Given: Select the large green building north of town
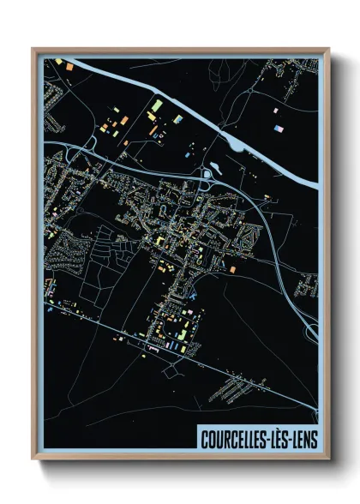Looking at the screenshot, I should point(156,107).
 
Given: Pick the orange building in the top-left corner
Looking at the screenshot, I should point(58,62).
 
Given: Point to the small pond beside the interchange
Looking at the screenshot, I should point(207,177).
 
